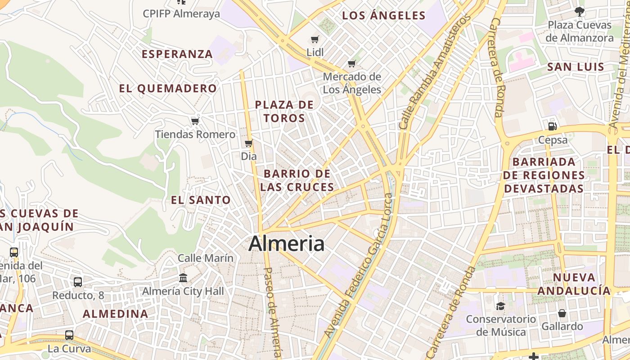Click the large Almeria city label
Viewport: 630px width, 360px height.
click(x=286, y=243)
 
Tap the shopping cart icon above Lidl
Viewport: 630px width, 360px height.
click(x=315, y=40)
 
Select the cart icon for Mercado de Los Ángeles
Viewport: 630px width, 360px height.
click(x=352, y=63)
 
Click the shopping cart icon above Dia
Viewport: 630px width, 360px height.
click(x=248, y=144)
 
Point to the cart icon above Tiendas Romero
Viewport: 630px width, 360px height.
click(x=195, y=121)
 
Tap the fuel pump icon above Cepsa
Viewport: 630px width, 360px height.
click(x=553, y=126)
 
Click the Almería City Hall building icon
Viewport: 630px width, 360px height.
click(x=183, y=278)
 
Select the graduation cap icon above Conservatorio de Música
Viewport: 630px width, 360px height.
click(x=500, y=306)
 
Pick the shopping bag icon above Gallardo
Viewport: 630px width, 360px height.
click(x=562, y=313)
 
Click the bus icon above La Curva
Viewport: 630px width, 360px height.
click(x=69, y=335)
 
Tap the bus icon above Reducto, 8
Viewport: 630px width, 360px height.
click(x=78, y=282)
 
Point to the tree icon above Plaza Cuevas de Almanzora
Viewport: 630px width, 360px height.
click(x=580, y=12)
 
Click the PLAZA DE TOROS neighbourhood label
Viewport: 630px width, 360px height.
click(x=284, y=111)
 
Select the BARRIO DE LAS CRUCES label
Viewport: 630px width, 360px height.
click(x=297, y=180)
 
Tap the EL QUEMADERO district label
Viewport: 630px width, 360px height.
click(x=168, y=88)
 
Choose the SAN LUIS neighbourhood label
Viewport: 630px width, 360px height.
click(x=576, y=67)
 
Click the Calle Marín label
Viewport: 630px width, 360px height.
click(x=206, y=258)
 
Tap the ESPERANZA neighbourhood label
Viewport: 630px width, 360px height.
click(x=177, y=54)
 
